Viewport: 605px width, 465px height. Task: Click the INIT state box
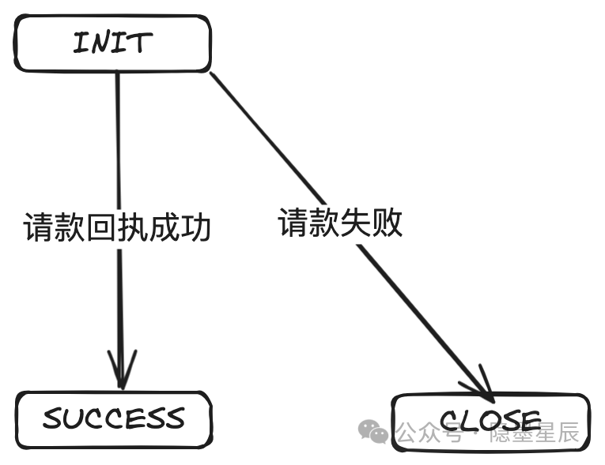click(x=113, y=43)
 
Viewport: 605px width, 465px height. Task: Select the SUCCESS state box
click(x=113, y=418)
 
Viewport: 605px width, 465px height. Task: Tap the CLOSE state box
click(x=490, y=422)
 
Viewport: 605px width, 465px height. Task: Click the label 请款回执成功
click(x=117, y=227)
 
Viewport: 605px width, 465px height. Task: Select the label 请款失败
click(x=340, y=223)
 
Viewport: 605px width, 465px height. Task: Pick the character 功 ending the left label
click(x=196, y=227)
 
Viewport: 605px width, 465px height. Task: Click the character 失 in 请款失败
click(x=356, y=223)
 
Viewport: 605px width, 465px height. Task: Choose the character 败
click(x=388, y=223)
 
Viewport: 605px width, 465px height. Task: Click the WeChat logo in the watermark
click(x=373, y=431)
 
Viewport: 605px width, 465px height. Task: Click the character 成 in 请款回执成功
click(x=164, y=227)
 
